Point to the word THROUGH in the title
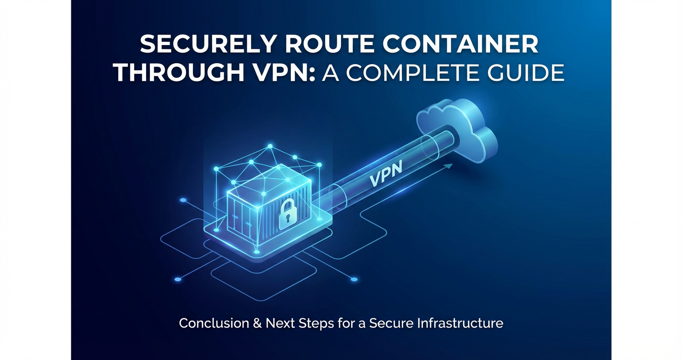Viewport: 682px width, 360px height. point(179,73)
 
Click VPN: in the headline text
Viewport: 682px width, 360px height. point(284,73)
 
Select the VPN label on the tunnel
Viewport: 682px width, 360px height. point(386,174)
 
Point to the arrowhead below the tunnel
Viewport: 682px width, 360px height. point(448,166)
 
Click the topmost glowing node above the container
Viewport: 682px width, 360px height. point(270,146)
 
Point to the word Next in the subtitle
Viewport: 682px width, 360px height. point(280,323)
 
